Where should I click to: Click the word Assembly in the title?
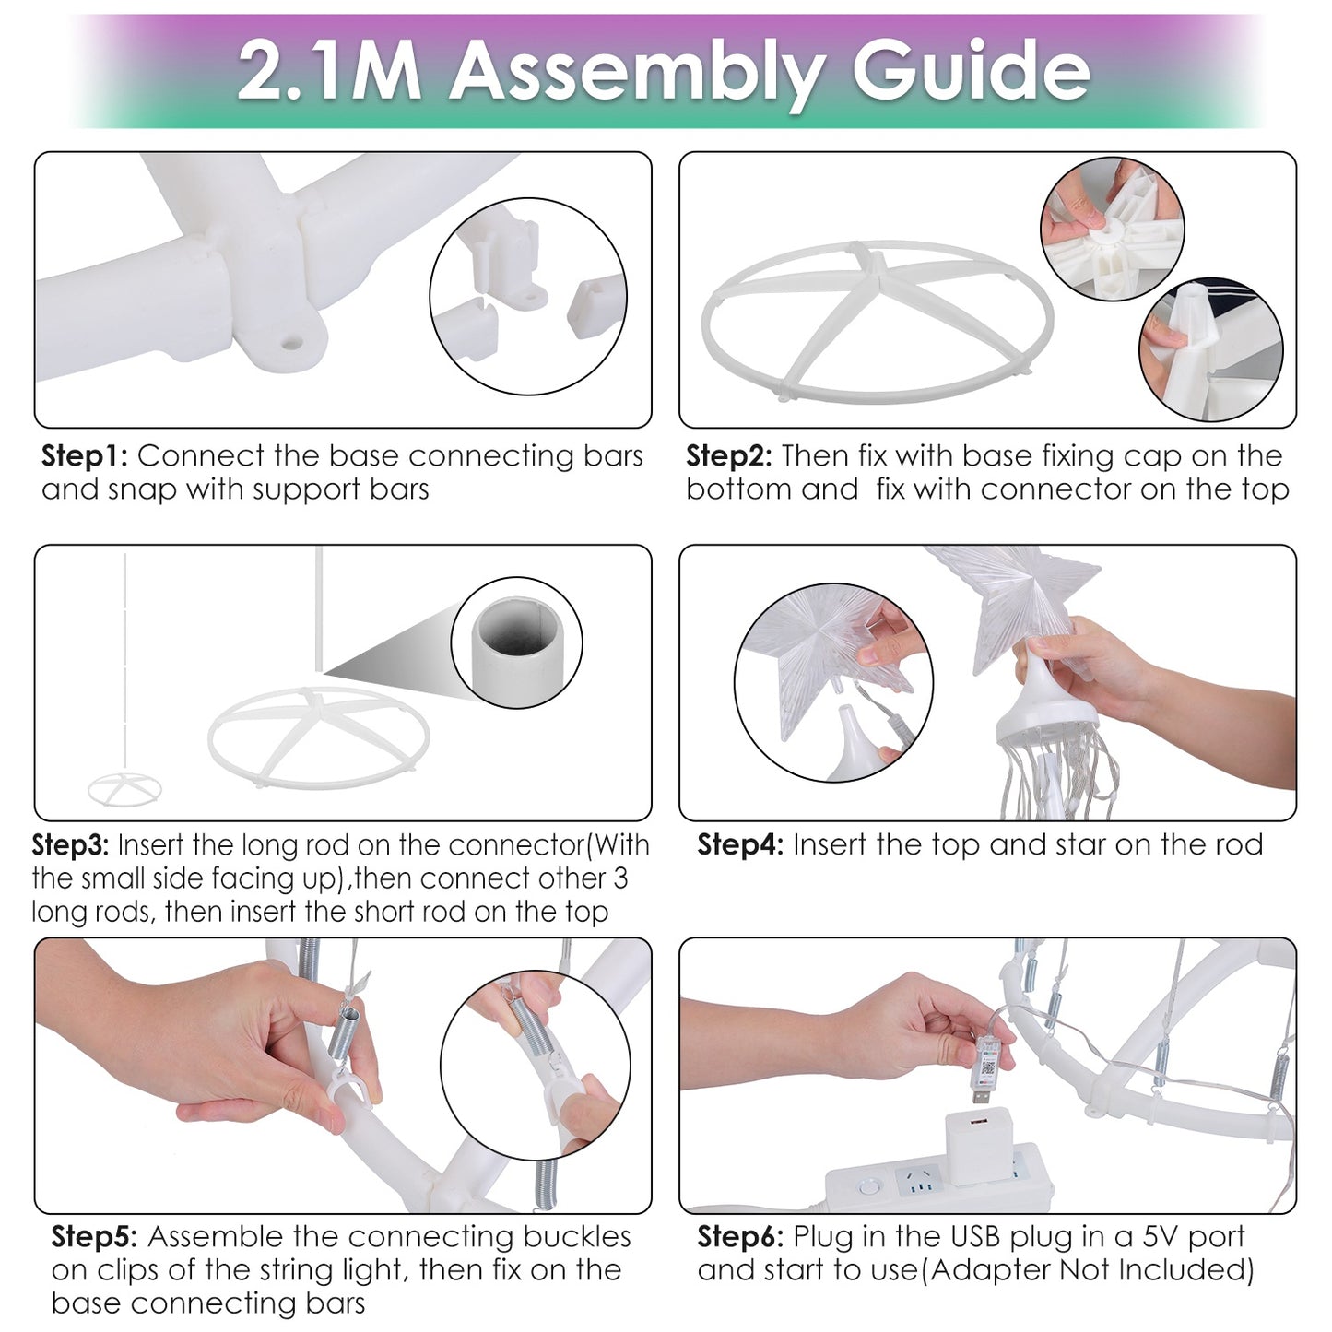point(636,72)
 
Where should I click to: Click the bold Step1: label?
point(84,457)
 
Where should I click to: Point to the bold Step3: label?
point(70,846)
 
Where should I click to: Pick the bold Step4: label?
point(739,845)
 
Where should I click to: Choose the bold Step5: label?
point(94,1237)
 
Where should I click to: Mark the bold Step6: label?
point(740,1237)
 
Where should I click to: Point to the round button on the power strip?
point(866,1189)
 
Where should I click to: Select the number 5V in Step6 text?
point(1161,1237)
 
